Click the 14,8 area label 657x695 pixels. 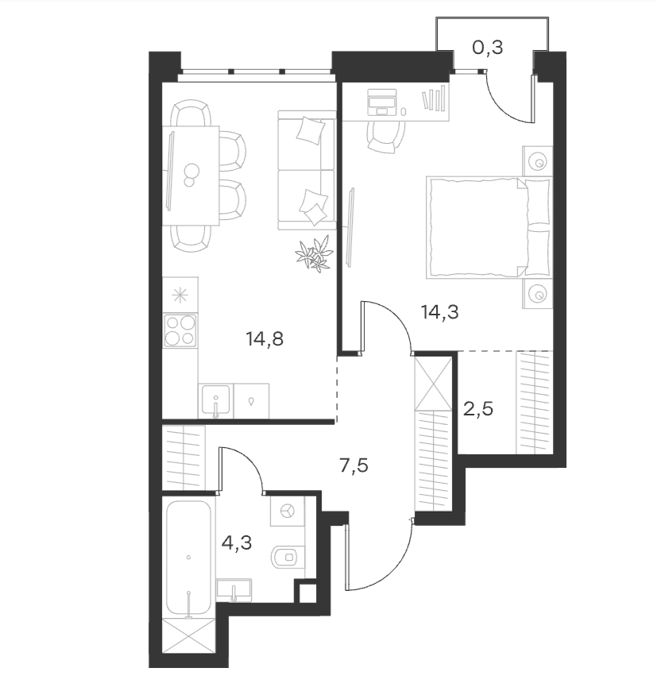coord(265,340)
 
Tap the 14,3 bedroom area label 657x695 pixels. coord(440,313)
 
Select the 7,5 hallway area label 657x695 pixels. coord(354,466)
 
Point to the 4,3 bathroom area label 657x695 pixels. coord(237,542)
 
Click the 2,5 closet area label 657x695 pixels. coord(478,409)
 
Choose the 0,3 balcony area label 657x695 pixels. coord(488,48)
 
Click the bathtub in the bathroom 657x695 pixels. coord(188,558)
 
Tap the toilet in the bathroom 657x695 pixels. coord(288,556)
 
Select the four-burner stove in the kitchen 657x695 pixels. coord(180,330)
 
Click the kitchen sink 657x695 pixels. coord(216,400)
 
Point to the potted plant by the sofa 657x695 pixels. coord(315,253)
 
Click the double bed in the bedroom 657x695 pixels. coord(489,228)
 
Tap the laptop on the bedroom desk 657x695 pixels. coord(382,102)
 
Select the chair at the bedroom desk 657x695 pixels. coord(385,137)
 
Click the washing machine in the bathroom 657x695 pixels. coord(288,511)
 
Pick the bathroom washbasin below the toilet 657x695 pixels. coord(234,590)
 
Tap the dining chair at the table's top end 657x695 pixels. coord(191,113)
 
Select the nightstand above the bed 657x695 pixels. coord(537,161)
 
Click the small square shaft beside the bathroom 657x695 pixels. coord(307,593)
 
